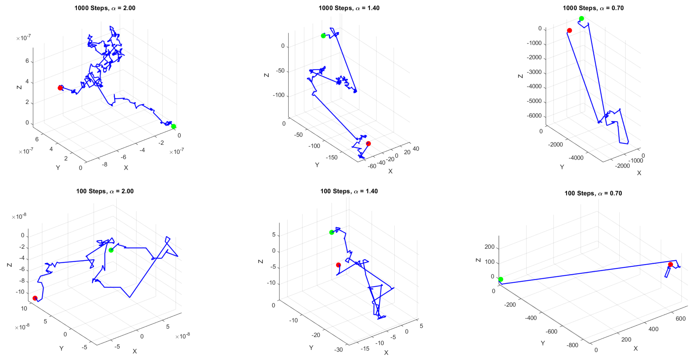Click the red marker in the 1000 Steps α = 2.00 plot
click(60, 88)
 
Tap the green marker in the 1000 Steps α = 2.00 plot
click(173, 126)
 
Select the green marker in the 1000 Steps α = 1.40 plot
click(323, 36)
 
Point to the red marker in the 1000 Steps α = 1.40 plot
click(368, 144)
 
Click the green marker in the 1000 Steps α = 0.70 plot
click(581, 19)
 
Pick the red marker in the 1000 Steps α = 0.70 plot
click(569, 30)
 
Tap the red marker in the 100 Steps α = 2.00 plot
click(35, 298)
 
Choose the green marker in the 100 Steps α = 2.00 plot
click(111, 250)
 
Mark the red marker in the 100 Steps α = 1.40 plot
click(338, 265)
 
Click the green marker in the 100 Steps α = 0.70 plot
click(500, 279)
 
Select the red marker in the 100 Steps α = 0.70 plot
click(670, 265)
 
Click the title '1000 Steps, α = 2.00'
click(105, 8)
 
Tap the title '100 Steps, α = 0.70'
click(593, 193)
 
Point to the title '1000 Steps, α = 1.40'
click(349, 8)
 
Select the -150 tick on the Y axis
click(331, 157)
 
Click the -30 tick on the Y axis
click(338, 350)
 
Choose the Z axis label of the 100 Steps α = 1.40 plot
click(260, 261)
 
